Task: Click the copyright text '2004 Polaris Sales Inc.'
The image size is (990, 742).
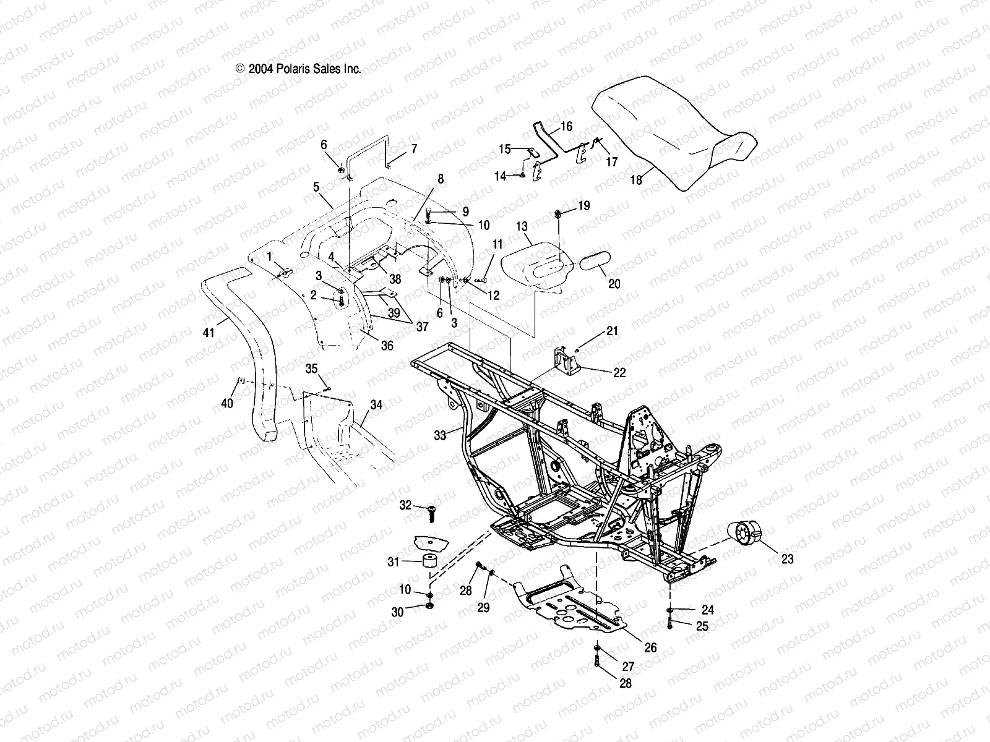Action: (298, 70)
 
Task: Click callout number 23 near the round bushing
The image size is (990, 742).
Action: (787, 559)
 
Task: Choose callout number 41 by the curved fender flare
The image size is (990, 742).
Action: (209, 333)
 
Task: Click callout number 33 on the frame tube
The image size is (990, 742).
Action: (440, 435)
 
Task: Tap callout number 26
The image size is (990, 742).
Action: (650, 647)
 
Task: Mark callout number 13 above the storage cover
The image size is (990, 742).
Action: (522, 228)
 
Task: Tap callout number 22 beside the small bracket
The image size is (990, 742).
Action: (619, 373)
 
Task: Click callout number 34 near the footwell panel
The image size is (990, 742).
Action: (376, 405)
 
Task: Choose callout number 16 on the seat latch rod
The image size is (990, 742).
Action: (566, 127)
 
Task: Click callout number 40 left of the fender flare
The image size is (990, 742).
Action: (228, 403)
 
